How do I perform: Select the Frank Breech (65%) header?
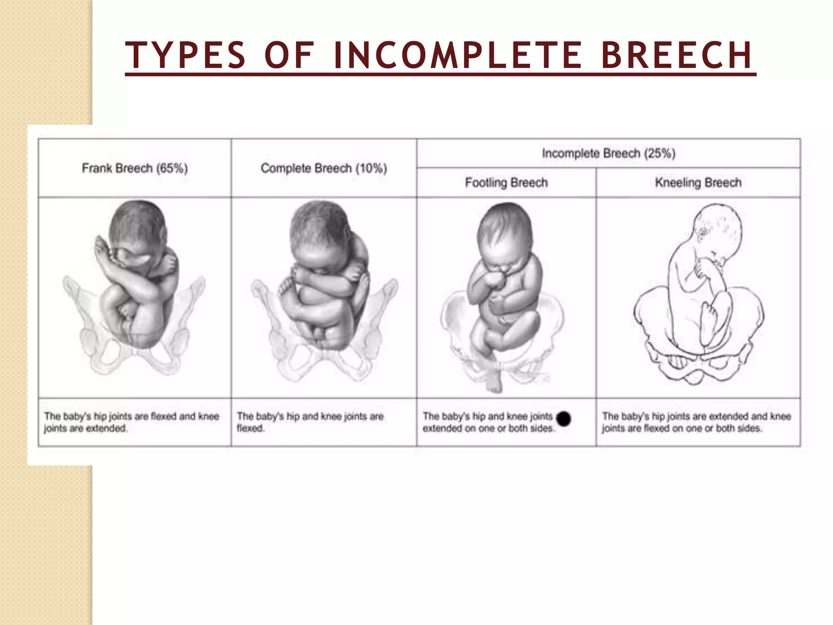tap(135, 168)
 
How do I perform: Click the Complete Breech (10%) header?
tap(324, 168)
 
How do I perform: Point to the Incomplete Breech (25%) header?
tap(608, 153)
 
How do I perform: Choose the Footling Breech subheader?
tap(506, 183)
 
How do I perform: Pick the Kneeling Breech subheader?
tap(698, 183)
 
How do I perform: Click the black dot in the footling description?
tap(564, 419)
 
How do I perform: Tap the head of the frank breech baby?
tap(138, 228)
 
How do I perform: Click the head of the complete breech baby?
tap(321, 232)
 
